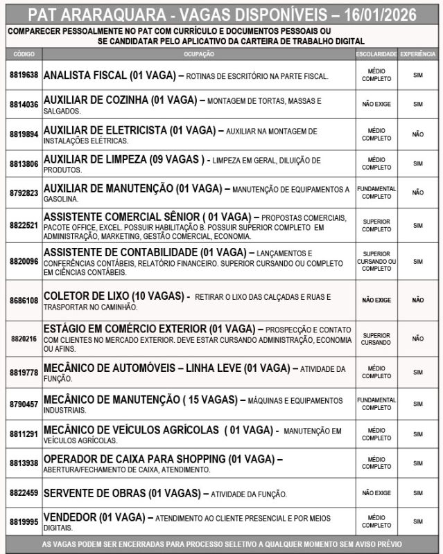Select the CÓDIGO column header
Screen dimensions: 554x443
click(x=24, y=54)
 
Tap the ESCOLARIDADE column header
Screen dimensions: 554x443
click(x=376, y=54)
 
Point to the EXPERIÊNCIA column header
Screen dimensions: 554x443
click(x=417, y=54)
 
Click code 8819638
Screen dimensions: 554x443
click(x=24, y=75)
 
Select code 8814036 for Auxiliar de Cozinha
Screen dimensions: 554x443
click(x=24, y=105)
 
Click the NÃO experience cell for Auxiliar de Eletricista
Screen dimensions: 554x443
click(x=417, y=134)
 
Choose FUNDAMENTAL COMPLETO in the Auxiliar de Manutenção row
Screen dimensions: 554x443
click(x=376, y=193)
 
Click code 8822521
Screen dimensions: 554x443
click(x=24, y=225)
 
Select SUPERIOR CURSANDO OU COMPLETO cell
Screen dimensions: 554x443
click(x=376, y=261)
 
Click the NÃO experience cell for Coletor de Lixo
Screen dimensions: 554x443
click(x=417, y=301)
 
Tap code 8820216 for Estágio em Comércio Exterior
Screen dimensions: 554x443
click(x=24, y=339)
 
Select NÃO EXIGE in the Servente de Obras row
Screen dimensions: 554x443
click(x=376, y=493)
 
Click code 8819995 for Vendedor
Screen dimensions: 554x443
click(x=24, y=521)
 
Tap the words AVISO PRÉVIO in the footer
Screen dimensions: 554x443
click(x=376, y=545)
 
